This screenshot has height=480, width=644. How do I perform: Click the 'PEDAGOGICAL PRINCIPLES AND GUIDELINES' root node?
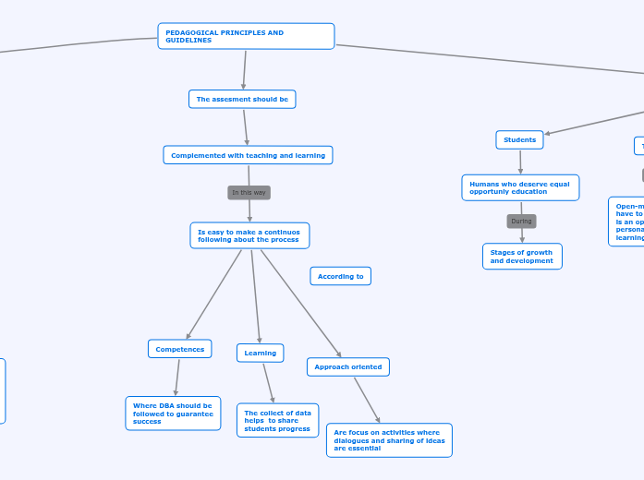click(x=246, y=36)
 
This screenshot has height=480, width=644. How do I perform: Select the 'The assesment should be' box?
click(x=242, y=99)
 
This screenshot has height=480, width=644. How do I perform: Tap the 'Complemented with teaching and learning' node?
click(x=248, y=155)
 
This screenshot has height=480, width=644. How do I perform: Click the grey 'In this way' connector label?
click(x=249, y=192)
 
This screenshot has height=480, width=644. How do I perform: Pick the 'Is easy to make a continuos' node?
click(x=249, y=235)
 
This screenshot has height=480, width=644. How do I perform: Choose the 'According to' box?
click(x=340, y=276)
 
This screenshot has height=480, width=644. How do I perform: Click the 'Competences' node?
click(x=179, y=349)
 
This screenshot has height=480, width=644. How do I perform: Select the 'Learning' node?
click(x=260, y=353)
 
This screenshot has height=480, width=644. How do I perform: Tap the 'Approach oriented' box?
click(x=347, y=366)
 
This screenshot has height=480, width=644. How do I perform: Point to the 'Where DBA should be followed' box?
click(x=173, y=414)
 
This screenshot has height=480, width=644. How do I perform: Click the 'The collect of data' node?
click(x=277, y=420)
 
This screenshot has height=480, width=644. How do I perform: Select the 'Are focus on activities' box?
click(x=389, y=440)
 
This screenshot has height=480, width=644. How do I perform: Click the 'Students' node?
click(x=519, y=139)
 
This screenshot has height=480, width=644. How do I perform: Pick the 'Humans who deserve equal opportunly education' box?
click(x=520, y=187)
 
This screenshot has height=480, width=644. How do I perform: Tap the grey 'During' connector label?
click(x=521, y=222)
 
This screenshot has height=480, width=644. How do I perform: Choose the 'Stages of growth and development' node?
click(x=521, y=257)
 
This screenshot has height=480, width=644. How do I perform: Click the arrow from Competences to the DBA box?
click(x=176, y=378)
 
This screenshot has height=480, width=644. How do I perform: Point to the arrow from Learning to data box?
click(x=268, y=382)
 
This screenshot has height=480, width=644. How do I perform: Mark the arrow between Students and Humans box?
click(x=520, y=162)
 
